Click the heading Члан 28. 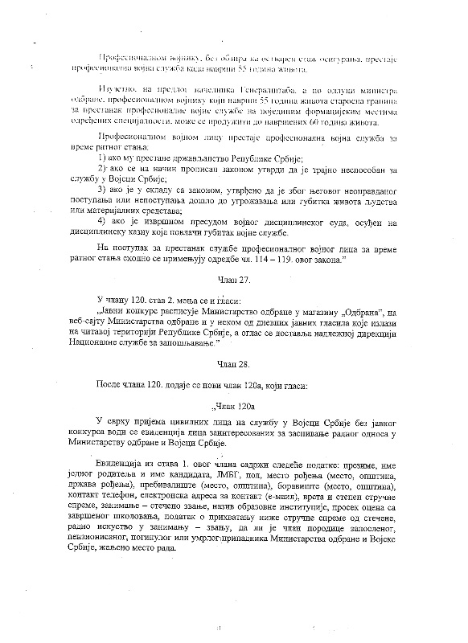coord(234,364)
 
